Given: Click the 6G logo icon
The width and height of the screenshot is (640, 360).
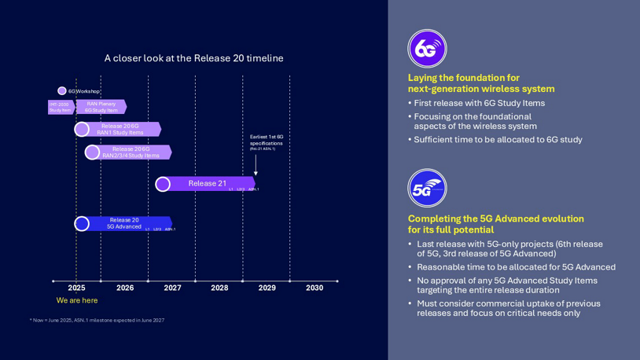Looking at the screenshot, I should (x=427, y=49).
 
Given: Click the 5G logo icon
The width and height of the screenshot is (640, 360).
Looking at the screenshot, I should (x=427, y=189).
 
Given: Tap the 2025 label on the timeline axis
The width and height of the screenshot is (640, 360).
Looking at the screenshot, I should (x=76, y=288).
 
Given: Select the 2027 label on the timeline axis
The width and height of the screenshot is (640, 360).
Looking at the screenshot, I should (x=172, y=288).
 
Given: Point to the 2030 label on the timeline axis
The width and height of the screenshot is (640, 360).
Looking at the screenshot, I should (x=314, y=288).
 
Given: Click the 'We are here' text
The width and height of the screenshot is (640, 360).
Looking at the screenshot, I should (x=77, y=300).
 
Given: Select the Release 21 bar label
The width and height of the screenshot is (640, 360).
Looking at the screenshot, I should (x=207, y=183).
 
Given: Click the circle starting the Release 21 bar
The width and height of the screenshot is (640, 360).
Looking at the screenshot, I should (x=163, y=184).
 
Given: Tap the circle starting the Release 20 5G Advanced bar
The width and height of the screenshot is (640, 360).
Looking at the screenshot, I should (x=82, y=224).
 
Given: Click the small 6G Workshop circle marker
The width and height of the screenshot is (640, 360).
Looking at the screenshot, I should (x=62, y=91).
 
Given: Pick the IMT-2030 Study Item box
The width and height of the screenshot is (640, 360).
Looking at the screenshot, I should (x=60, y=107).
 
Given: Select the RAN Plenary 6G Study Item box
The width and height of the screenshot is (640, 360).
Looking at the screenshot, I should (x=101, y=107).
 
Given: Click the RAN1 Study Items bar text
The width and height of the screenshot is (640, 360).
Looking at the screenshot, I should (x=120, y=129).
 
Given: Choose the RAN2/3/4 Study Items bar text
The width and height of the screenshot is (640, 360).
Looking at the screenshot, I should (x=131, y=152).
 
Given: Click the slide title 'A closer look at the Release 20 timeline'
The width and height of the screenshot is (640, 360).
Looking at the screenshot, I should (x=193, y=58).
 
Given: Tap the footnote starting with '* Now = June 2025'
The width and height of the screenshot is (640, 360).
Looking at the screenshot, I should (x=97, y=320).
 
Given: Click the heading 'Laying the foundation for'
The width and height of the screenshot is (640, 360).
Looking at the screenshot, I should (x=463, y=77).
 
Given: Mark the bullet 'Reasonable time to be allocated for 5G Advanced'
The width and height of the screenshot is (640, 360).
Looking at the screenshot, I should (x=516, y=266).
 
